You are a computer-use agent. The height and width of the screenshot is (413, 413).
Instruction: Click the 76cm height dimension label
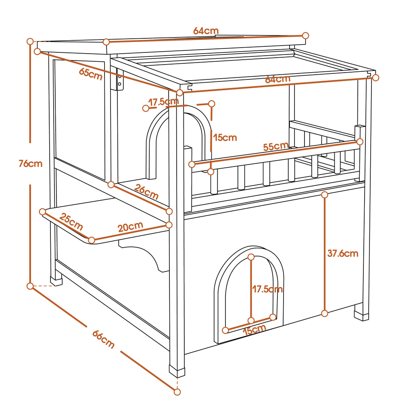31,164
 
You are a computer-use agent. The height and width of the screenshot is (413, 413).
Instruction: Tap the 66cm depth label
103,339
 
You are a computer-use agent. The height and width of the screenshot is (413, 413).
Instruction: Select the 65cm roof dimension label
91,74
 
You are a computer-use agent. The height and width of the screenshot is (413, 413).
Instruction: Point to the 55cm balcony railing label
276,146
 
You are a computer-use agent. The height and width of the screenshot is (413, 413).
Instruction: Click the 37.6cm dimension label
343,253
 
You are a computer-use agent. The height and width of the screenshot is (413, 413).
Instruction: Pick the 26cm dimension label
146,192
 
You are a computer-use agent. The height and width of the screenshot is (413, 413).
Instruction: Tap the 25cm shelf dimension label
71,221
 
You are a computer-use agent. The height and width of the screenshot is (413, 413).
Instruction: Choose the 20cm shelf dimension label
130,227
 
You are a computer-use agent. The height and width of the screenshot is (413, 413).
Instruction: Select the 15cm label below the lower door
254,330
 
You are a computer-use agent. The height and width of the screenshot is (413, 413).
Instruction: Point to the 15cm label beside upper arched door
225,138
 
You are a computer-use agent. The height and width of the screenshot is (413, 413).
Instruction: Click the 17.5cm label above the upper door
163,102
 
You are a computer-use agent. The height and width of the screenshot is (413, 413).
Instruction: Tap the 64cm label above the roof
206,31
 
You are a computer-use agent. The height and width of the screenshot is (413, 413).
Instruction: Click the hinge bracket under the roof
119,80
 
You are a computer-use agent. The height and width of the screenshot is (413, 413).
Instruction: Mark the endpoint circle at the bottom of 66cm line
177,392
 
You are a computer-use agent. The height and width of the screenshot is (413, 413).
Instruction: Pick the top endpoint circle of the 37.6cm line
325,195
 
